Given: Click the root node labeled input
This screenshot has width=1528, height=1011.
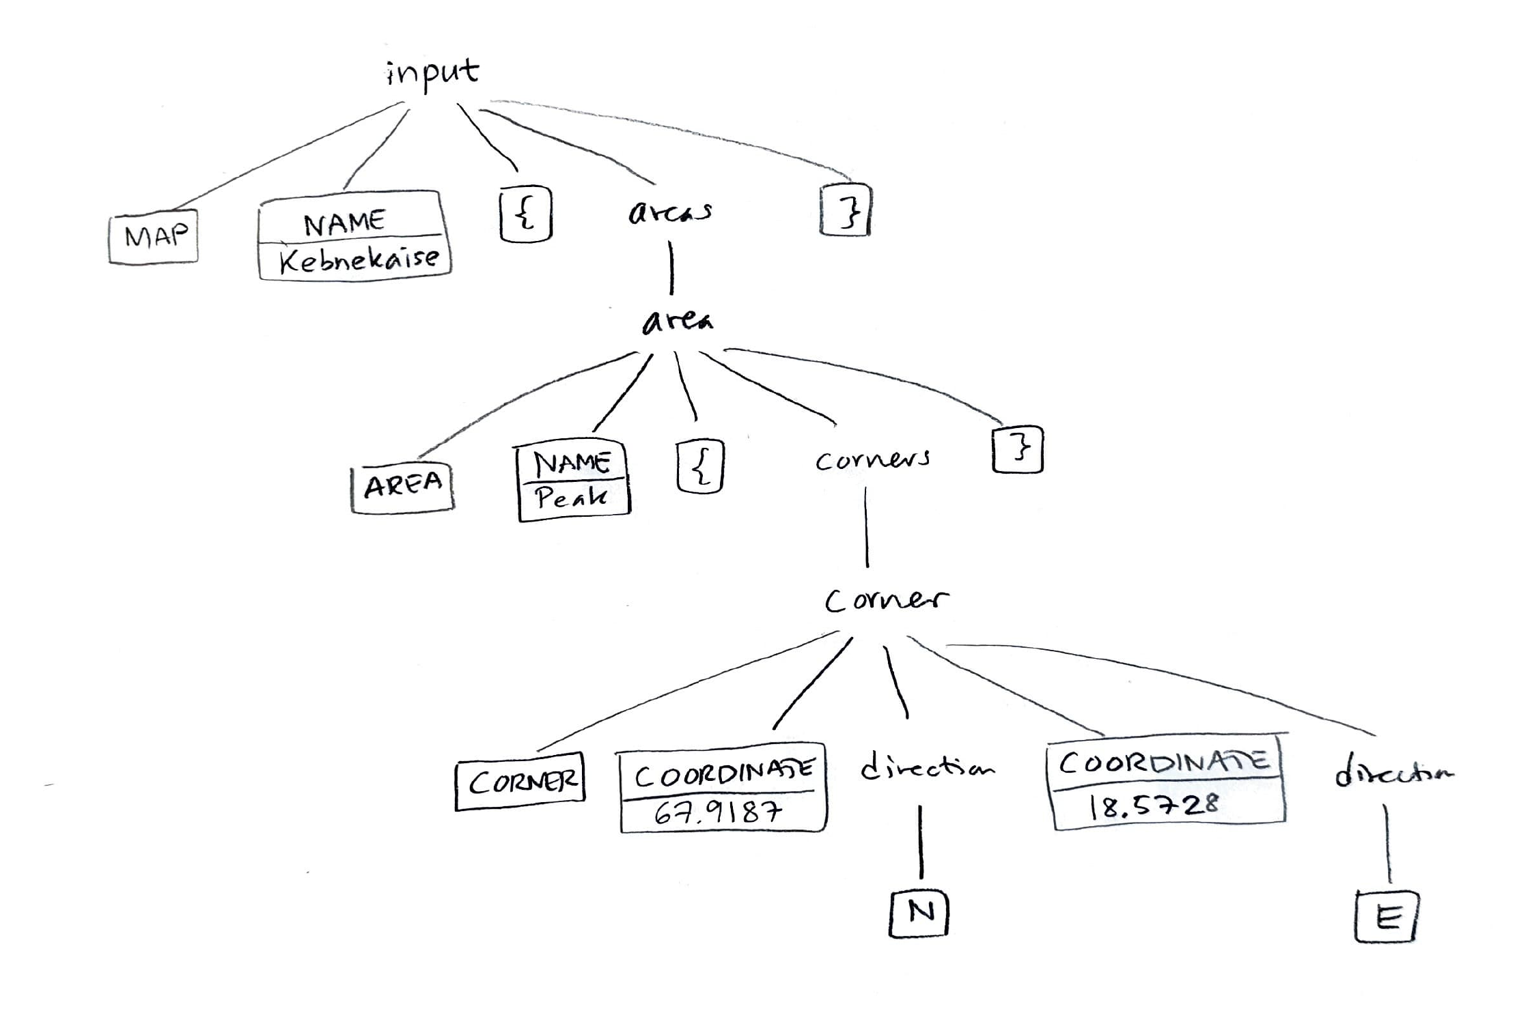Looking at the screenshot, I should [432, 74].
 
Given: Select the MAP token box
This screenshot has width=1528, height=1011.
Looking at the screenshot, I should [154, 236].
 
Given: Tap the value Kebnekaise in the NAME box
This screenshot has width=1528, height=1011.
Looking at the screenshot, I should [359, 259].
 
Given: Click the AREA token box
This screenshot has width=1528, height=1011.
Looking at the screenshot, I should [402, 487].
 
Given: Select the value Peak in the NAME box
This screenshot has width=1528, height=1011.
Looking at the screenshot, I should [571, 498].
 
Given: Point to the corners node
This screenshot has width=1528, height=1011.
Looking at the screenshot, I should [872, 459].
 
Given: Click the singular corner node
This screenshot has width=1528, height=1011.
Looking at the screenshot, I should [886, 600].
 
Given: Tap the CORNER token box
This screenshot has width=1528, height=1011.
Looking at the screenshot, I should [522, 781].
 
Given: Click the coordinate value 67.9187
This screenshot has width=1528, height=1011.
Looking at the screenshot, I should [719, 812].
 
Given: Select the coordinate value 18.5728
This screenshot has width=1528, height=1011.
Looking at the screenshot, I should [1153, 806].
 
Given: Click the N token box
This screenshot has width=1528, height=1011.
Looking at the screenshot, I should [920, 913].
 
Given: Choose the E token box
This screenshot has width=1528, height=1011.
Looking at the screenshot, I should [1387, 917].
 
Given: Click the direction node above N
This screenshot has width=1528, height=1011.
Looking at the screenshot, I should [926, 769].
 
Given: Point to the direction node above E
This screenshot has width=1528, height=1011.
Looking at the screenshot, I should [1393, 773].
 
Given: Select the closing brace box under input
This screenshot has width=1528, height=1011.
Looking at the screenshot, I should [846, 210].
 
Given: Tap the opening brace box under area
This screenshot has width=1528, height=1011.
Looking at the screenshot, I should [700, 467].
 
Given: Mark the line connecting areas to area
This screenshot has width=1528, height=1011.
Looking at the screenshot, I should [671, 268].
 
